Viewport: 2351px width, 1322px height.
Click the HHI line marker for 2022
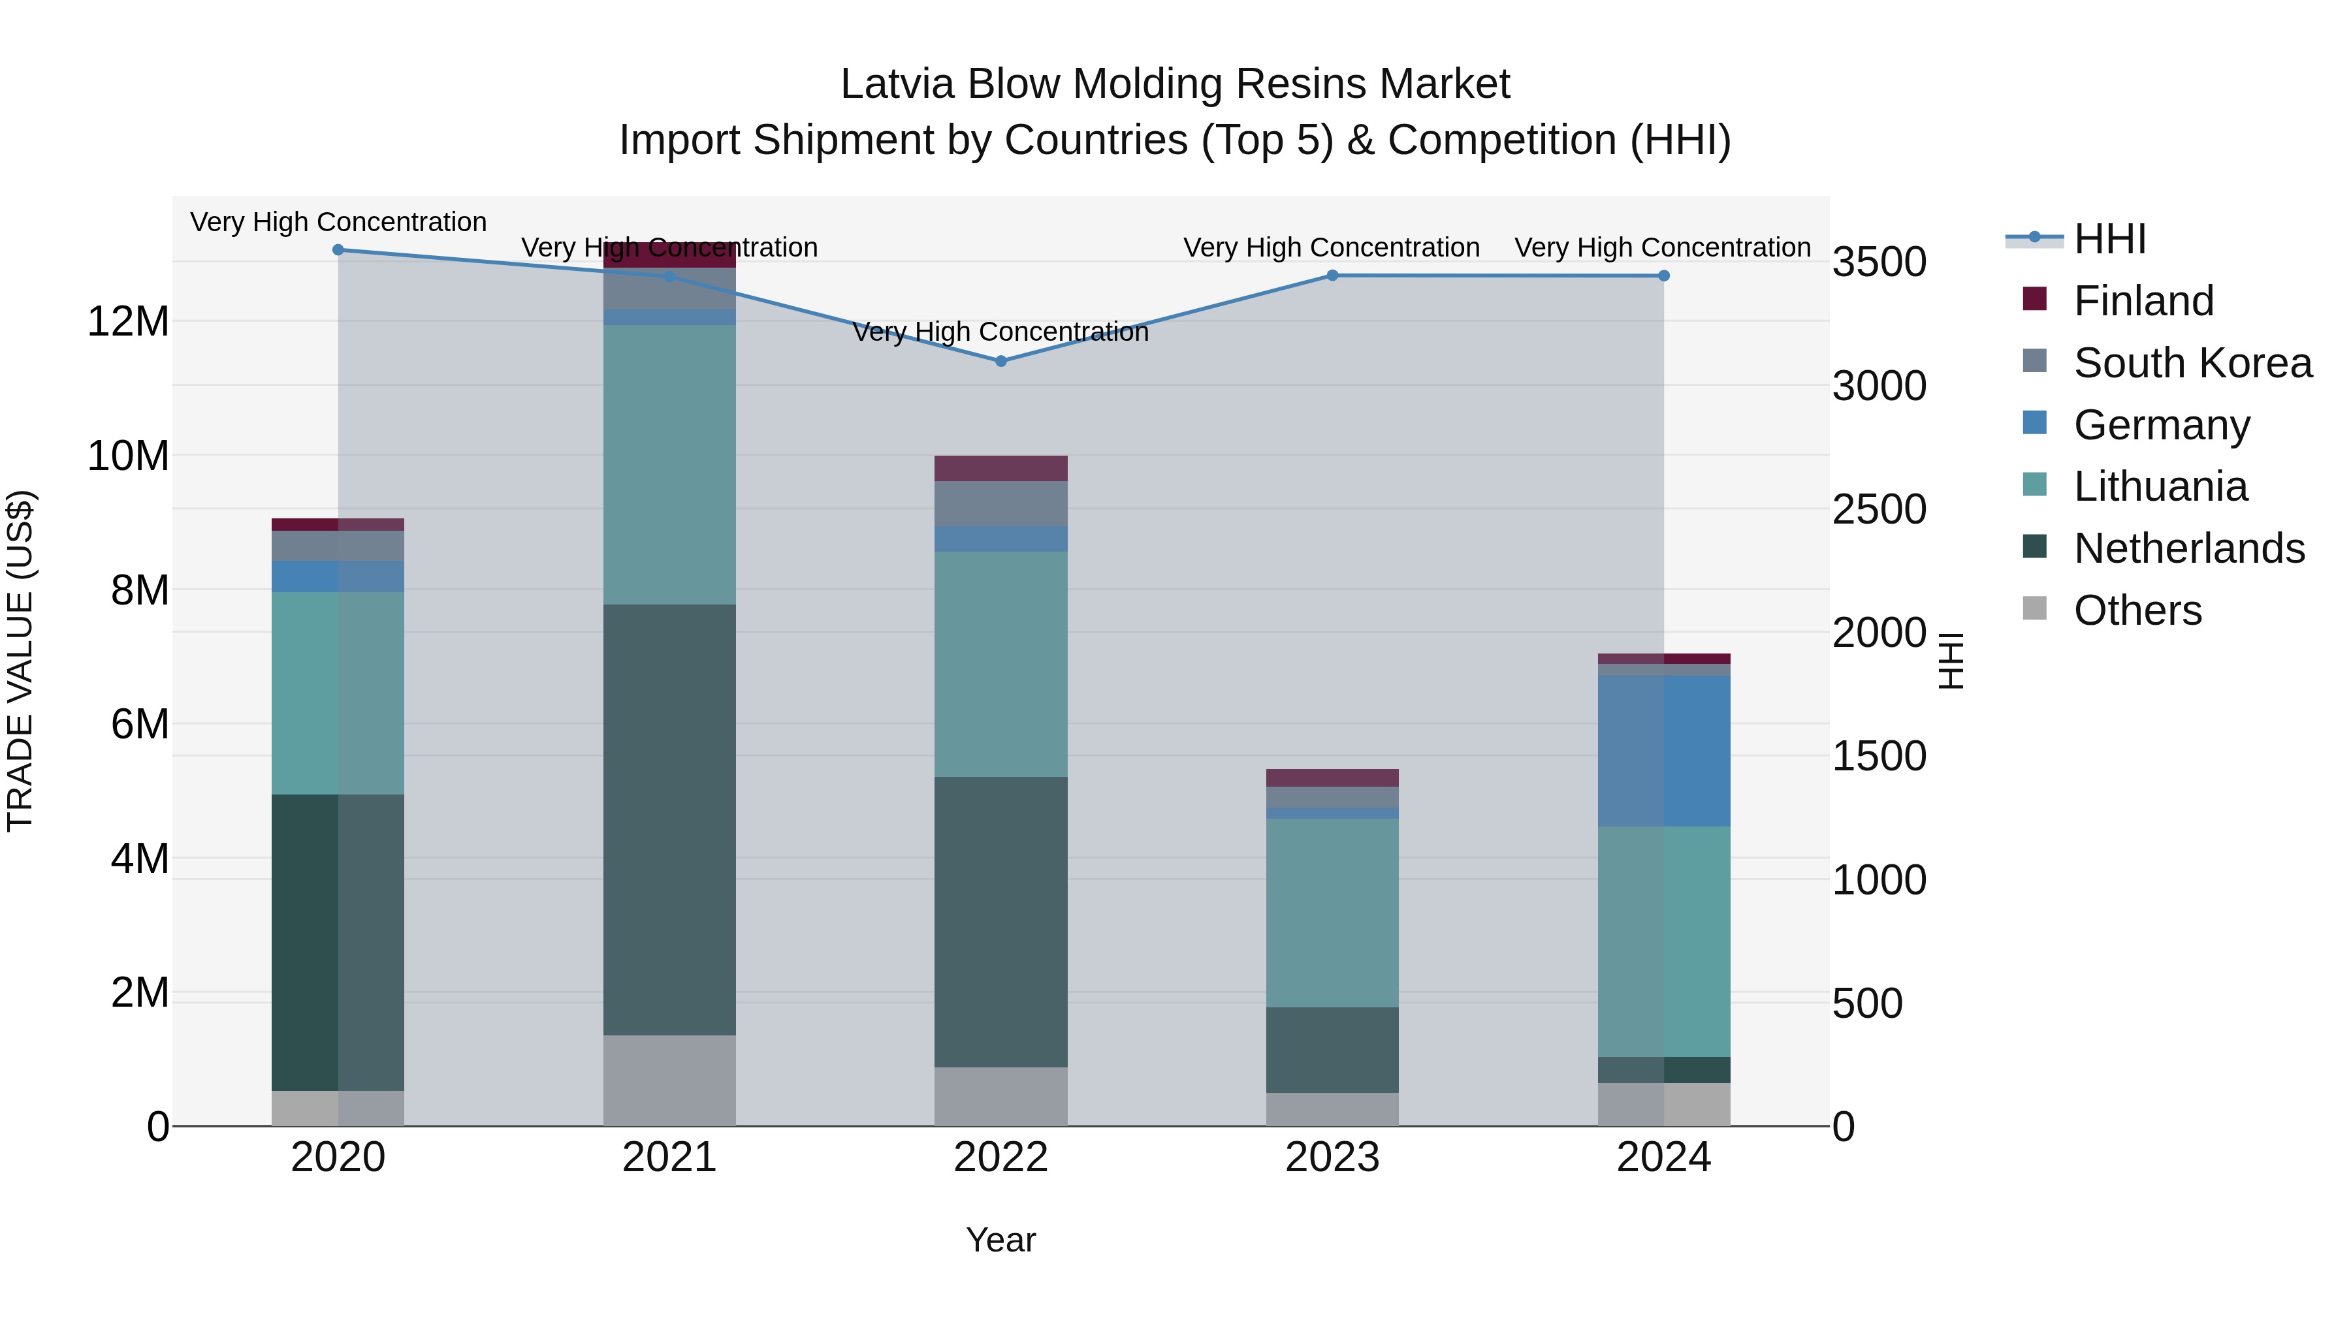tap(1000, 361)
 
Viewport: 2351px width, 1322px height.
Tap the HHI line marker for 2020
tap(338, 250)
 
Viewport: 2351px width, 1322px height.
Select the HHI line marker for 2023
tap(1332, 275)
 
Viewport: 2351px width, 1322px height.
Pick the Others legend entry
tap(2137, 610)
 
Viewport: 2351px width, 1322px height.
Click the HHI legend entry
tap(2109, 239)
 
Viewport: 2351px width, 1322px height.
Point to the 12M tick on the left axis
tap(128, 322)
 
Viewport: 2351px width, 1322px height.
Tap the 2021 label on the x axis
tap(669, 1157)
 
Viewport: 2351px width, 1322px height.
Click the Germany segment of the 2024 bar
tap(1664, 751)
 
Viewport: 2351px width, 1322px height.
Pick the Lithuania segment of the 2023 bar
tap(1332, 913)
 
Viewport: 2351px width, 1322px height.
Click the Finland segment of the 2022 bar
tap(1000, 468)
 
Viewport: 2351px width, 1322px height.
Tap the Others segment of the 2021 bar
tap(669, 1080)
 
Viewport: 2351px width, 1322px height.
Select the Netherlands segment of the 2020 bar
tap(338, 943)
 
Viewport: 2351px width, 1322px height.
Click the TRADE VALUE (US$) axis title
tap(21, 661)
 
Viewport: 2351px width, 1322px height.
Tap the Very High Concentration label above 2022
tap(1000, 332)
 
